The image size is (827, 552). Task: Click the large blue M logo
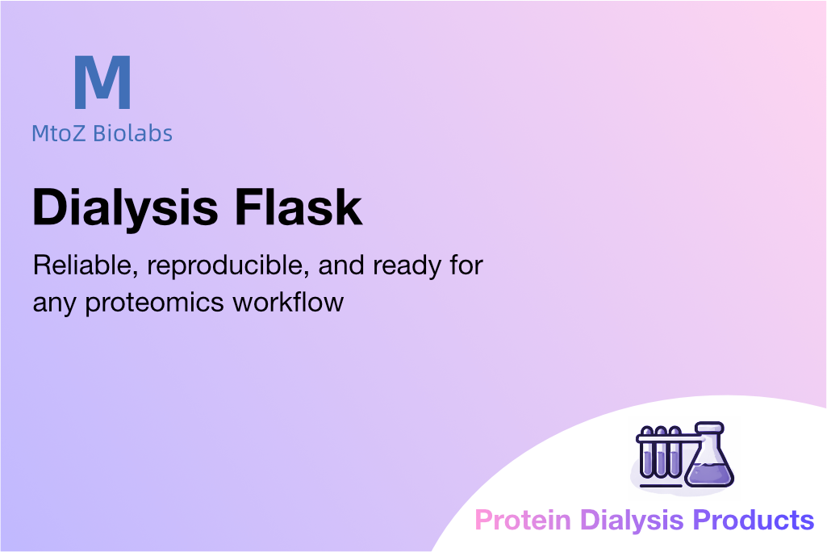click(102, 82)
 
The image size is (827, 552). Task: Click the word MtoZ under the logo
click(58, 133)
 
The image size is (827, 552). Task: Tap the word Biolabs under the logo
click(132, 133)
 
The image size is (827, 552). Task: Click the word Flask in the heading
click(298, 207)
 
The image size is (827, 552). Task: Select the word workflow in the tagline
click(288, 302)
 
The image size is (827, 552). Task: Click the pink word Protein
click(523, 520)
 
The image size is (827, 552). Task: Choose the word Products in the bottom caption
click(753, 520)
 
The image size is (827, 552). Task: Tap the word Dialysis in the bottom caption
click(632, 521)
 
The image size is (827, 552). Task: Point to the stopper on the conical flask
click(709, 427)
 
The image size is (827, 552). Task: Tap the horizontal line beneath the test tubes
click(659, 485)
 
